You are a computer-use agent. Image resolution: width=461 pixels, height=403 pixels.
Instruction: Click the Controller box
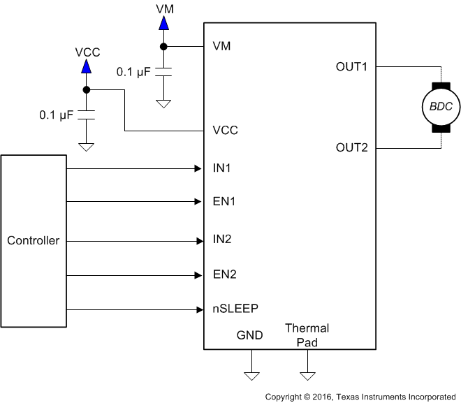pyautogui.click(x=34, y=241)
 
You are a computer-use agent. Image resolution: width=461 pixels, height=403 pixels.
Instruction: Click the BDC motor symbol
pyautogui.click(x=441, y=108)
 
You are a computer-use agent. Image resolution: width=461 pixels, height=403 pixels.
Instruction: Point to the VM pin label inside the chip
pyautogui.click(x=222, y=47)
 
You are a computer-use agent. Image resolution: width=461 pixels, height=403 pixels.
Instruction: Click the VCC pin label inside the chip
pyautogui.click(x=226, y=131)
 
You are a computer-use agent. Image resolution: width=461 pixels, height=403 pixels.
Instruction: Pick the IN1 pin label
pyautogui.click(x=222, y=168)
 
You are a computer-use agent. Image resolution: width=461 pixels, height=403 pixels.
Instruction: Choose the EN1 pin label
pyautogui.click(x=224, y=202)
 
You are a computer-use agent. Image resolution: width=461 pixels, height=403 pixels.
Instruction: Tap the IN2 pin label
pyautogui.click(x=222, y=240)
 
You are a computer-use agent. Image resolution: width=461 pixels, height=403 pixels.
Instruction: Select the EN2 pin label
pyautogui.click(x=224, y=274)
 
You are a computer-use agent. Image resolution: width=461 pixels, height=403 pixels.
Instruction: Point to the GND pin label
pyautogui.click(x=250, y=335)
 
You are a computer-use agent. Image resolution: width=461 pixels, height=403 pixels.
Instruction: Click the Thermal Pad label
pyautogui.click(x=307, y=335)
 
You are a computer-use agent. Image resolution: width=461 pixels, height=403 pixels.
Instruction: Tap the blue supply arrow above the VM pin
pyautogui.click(x=163, y=23)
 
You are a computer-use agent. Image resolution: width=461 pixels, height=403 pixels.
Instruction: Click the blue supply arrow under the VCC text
pyautogui.click(x=86, y=66)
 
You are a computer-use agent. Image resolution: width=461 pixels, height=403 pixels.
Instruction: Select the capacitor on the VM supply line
pyautogui.click(x=163, y=72)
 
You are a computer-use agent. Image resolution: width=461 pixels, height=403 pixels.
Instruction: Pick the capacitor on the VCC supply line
pyautogui.click(x=86, y=115)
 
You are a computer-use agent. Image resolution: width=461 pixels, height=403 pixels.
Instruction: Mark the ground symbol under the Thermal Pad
pyautogui.click(x=307, y=376)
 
